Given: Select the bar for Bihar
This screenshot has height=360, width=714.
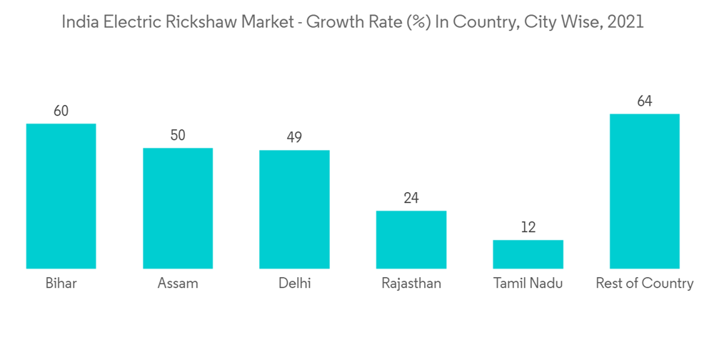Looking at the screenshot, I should coord(61,196).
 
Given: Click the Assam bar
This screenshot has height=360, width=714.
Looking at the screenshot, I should coord(178,209).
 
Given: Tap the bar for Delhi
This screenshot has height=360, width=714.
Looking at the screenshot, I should coord(294,209).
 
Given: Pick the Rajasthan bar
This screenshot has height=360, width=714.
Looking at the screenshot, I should coord(411,240).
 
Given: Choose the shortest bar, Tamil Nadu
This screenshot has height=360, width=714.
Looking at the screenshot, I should coord(528,254).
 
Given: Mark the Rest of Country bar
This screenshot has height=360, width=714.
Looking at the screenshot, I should coord(644,191).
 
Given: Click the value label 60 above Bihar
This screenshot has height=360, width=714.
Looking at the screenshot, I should coord(61,111).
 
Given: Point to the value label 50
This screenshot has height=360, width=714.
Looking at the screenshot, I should coord(178,135).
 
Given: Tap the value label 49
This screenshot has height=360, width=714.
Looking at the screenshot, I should coord(294,137).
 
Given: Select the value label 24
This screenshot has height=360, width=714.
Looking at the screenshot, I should coord(411,198).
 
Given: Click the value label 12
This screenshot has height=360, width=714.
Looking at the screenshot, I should coord(528,227).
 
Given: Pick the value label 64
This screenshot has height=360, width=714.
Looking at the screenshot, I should coord(644,101).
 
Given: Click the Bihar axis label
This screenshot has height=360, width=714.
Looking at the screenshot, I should coord(61,284).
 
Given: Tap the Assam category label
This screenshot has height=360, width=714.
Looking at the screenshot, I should coord(178,284).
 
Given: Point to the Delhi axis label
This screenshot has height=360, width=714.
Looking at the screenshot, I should coord(294,284).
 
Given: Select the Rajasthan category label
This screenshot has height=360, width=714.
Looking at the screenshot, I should coord(411,284).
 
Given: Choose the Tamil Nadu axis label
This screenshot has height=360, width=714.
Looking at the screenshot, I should coord(528,284).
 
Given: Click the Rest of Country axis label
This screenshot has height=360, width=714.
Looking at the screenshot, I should coord(644,284).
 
